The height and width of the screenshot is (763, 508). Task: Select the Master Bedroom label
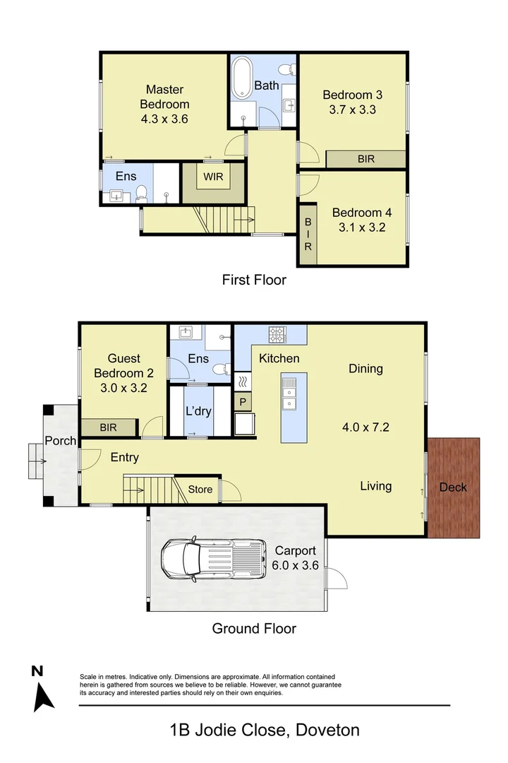click(x=164, y=104)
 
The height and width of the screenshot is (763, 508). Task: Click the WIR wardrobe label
click(x=214, y=177)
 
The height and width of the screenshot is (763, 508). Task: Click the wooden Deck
click(x=453, y=487)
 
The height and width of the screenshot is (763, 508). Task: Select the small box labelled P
click(x=243, y=402)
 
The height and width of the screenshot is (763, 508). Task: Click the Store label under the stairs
click(x=199, y=488)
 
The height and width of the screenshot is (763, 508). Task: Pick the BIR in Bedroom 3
click(x=365, y=159)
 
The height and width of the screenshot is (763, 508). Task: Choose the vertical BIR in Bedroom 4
click(x=308, y=234)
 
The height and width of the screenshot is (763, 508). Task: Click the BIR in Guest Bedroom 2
click(x=108, y=427)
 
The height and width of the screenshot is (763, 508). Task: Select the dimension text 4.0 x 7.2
click(x=365, y=427)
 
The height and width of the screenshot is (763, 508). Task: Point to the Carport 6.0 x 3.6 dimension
click(x=295, y=564)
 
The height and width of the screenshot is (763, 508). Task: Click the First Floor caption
click(x=254, y=280)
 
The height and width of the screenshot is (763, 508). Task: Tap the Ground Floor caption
click(x=254, y=628)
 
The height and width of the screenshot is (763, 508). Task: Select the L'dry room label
click(x=198, y=411)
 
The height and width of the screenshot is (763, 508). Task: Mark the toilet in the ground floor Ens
click(x=221, y=367)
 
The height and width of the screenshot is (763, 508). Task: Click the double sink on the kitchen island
click(x=289, y=394)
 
